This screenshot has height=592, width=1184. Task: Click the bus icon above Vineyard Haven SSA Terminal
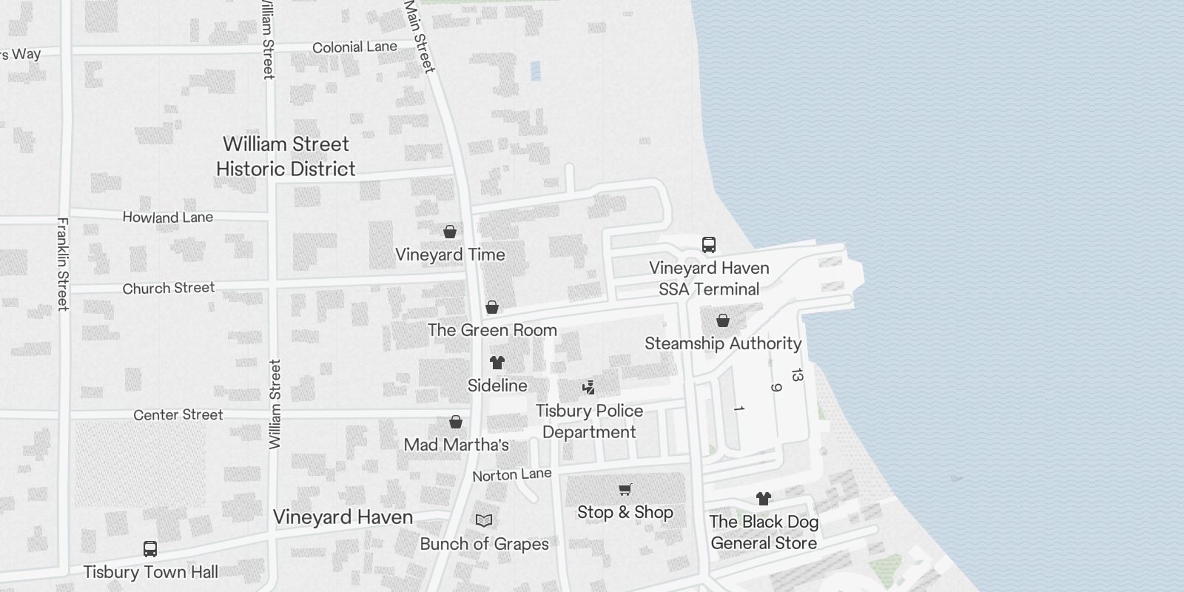pos(708,245)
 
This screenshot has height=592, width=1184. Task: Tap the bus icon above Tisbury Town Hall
pos(150,549)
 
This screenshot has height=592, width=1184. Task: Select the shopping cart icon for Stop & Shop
pos(625,489)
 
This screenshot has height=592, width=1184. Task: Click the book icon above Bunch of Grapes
pos(484,521)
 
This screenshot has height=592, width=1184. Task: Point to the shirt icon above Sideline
pos(497,363)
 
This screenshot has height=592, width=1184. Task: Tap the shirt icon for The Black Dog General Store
pos(764,499)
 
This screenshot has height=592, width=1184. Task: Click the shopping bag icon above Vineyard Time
pos(449,232)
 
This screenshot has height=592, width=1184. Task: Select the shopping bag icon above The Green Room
pos(492,307)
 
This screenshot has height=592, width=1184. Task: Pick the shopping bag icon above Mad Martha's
pos(456,422)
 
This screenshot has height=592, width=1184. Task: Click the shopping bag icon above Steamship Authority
pos(723,320)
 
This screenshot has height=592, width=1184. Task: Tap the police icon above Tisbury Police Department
pos(589,387)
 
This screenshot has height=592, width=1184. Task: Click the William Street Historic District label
pos(286,156)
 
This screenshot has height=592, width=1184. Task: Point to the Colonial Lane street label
pos(354,47)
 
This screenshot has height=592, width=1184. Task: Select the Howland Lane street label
pos(168,218)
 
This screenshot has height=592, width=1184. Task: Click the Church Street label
pos(169,288)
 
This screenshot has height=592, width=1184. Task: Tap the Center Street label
pos(178,415)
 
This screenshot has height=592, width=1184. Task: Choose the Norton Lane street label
pos(512,474)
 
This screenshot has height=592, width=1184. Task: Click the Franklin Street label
pos(63,263)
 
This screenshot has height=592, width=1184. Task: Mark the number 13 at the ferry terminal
pos(796,376)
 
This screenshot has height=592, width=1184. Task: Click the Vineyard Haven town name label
pos(343,517)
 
